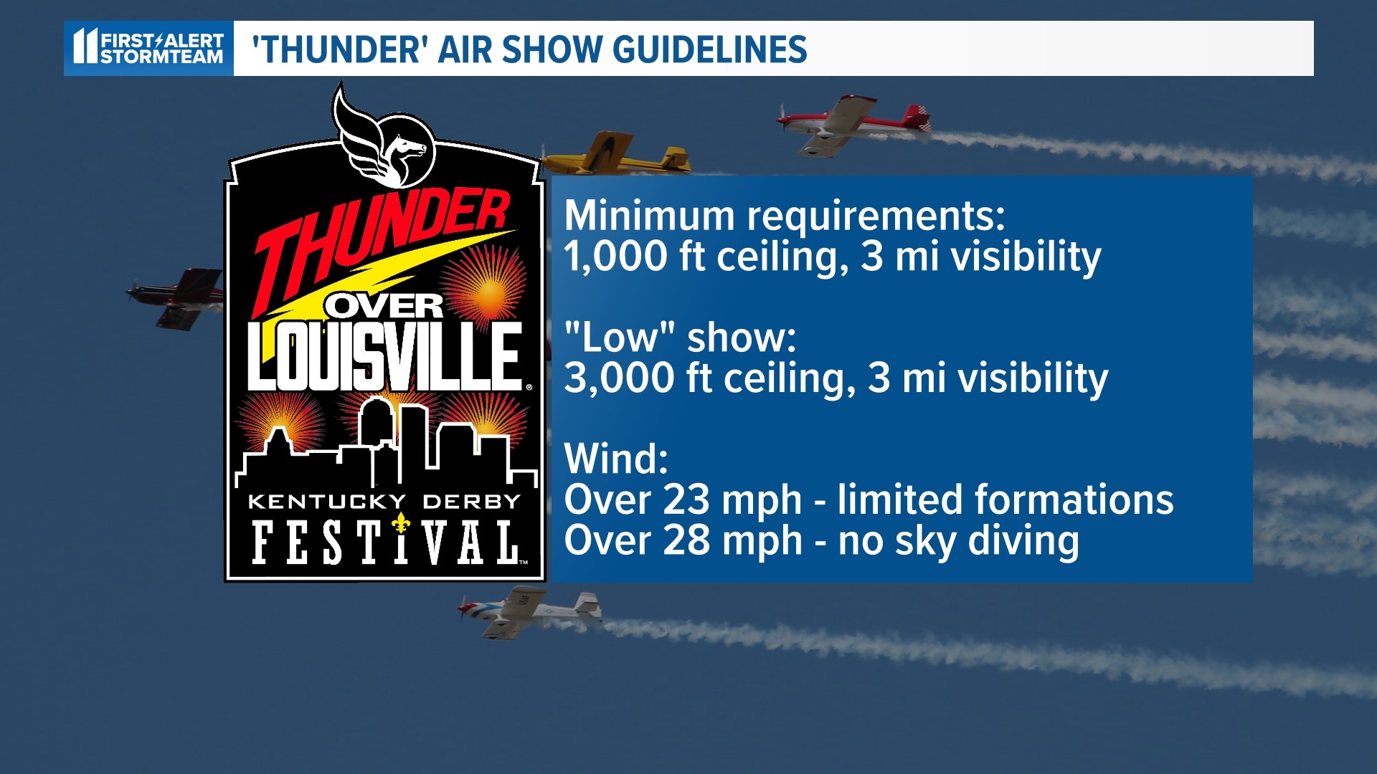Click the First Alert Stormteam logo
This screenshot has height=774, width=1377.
(148, 48)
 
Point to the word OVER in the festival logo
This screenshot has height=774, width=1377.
(386, 307)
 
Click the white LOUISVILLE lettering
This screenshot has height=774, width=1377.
(384, 356)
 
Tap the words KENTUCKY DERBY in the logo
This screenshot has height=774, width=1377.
(384, 502)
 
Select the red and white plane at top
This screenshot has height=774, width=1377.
(853, 123)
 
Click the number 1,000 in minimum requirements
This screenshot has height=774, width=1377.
(615, 257)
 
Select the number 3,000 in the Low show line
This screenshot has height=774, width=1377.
(619, 378)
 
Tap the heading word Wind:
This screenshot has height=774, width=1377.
(616, 459)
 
